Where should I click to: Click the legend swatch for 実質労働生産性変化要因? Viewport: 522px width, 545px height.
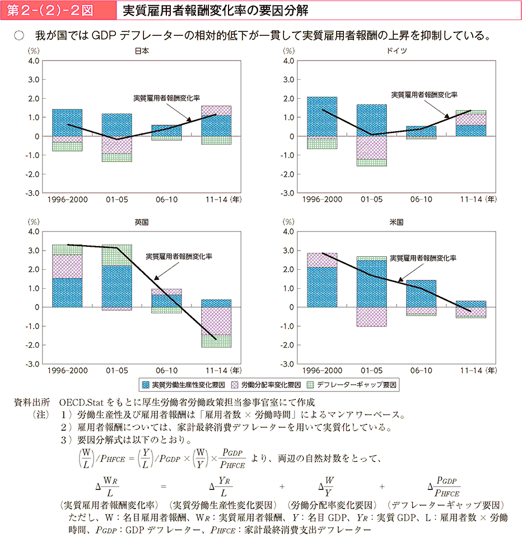tap(146, 385)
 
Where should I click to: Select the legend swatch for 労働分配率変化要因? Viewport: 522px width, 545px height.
tap(236, 385)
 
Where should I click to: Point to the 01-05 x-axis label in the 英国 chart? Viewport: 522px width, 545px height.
tap(116, 371)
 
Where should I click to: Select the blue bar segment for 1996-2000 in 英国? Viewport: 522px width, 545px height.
tap(67, 293)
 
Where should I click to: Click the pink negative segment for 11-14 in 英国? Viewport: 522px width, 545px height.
tap(216, 321)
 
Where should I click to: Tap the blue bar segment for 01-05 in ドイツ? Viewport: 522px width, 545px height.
tap(371, 120)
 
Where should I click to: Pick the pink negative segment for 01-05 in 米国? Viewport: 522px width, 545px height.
tap(371, 317)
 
